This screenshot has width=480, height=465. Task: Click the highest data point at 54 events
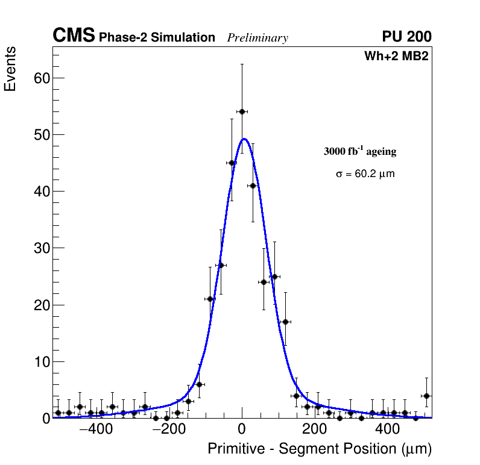tap(242, 111)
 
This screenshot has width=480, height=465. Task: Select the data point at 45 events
tap(232, 163)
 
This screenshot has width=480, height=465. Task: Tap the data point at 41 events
tap(253, 186)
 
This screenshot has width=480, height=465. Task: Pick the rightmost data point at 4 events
tap(426, 396)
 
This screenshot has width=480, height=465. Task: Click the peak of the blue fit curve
tap(244, 139)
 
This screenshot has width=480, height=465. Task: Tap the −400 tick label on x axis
tap(92, 429)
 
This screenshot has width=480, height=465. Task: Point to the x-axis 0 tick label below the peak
tap(242, 429)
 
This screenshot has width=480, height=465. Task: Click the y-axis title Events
tap(10, 69)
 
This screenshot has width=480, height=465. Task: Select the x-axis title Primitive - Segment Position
tap(320, 449)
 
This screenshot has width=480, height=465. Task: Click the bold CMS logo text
tap(74, 36)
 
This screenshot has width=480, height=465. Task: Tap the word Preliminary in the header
tap(257, 38)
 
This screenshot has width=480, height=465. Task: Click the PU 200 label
tap(407, 37)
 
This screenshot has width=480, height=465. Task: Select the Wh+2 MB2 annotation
tap(396, 57)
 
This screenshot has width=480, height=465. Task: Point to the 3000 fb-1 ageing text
tap(360, 151)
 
